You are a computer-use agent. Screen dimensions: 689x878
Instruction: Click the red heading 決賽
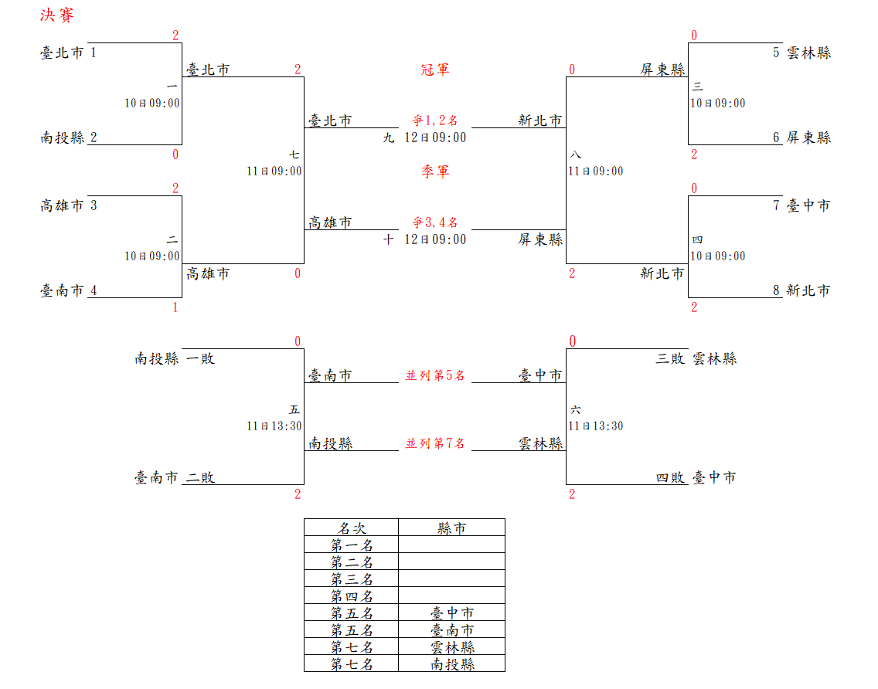tap(57, 15)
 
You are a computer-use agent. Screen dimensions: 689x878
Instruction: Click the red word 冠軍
tap(435, 70)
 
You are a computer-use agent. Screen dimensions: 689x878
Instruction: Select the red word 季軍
tap(435, 171)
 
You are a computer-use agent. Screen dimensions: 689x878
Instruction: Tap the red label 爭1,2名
tap(435, 120)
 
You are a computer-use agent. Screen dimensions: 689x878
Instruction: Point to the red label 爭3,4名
tap(435, 222)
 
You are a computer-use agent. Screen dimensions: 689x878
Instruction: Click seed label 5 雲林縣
tap(801, 53)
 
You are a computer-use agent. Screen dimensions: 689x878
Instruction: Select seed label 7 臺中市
tap(801, 205)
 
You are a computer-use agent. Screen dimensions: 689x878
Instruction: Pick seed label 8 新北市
tap(801, 290)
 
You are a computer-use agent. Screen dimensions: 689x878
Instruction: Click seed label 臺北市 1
tap(69, 53)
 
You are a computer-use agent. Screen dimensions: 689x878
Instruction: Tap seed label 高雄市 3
tap(69, 205)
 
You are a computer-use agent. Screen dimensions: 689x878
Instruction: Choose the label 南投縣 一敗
tap(175, 358)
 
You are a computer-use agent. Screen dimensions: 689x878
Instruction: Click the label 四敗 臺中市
tap(696, 477)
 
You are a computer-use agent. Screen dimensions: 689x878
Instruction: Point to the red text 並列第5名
tap(435, 375)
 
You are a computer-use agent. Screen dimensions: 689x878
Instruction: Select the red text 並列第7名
tap(435, 443)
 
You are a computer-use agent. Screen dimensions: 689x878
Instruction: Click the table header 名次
tap(352, 528)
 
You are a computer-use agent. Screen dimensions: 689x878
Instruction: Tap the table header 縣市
tap(452, 528)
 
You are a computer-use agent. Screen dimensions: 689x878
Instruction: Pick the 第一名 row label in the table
tap(352, 545)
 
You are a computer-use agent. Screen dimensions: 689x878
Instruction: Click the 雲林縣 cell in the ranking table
tap(452, 647)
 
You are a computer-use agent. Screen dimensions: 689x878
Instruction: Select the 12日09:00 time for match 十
tap(435, 239)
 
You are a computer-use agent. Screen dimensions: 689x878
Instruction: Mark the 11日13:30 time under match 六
tap(595, 426)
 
